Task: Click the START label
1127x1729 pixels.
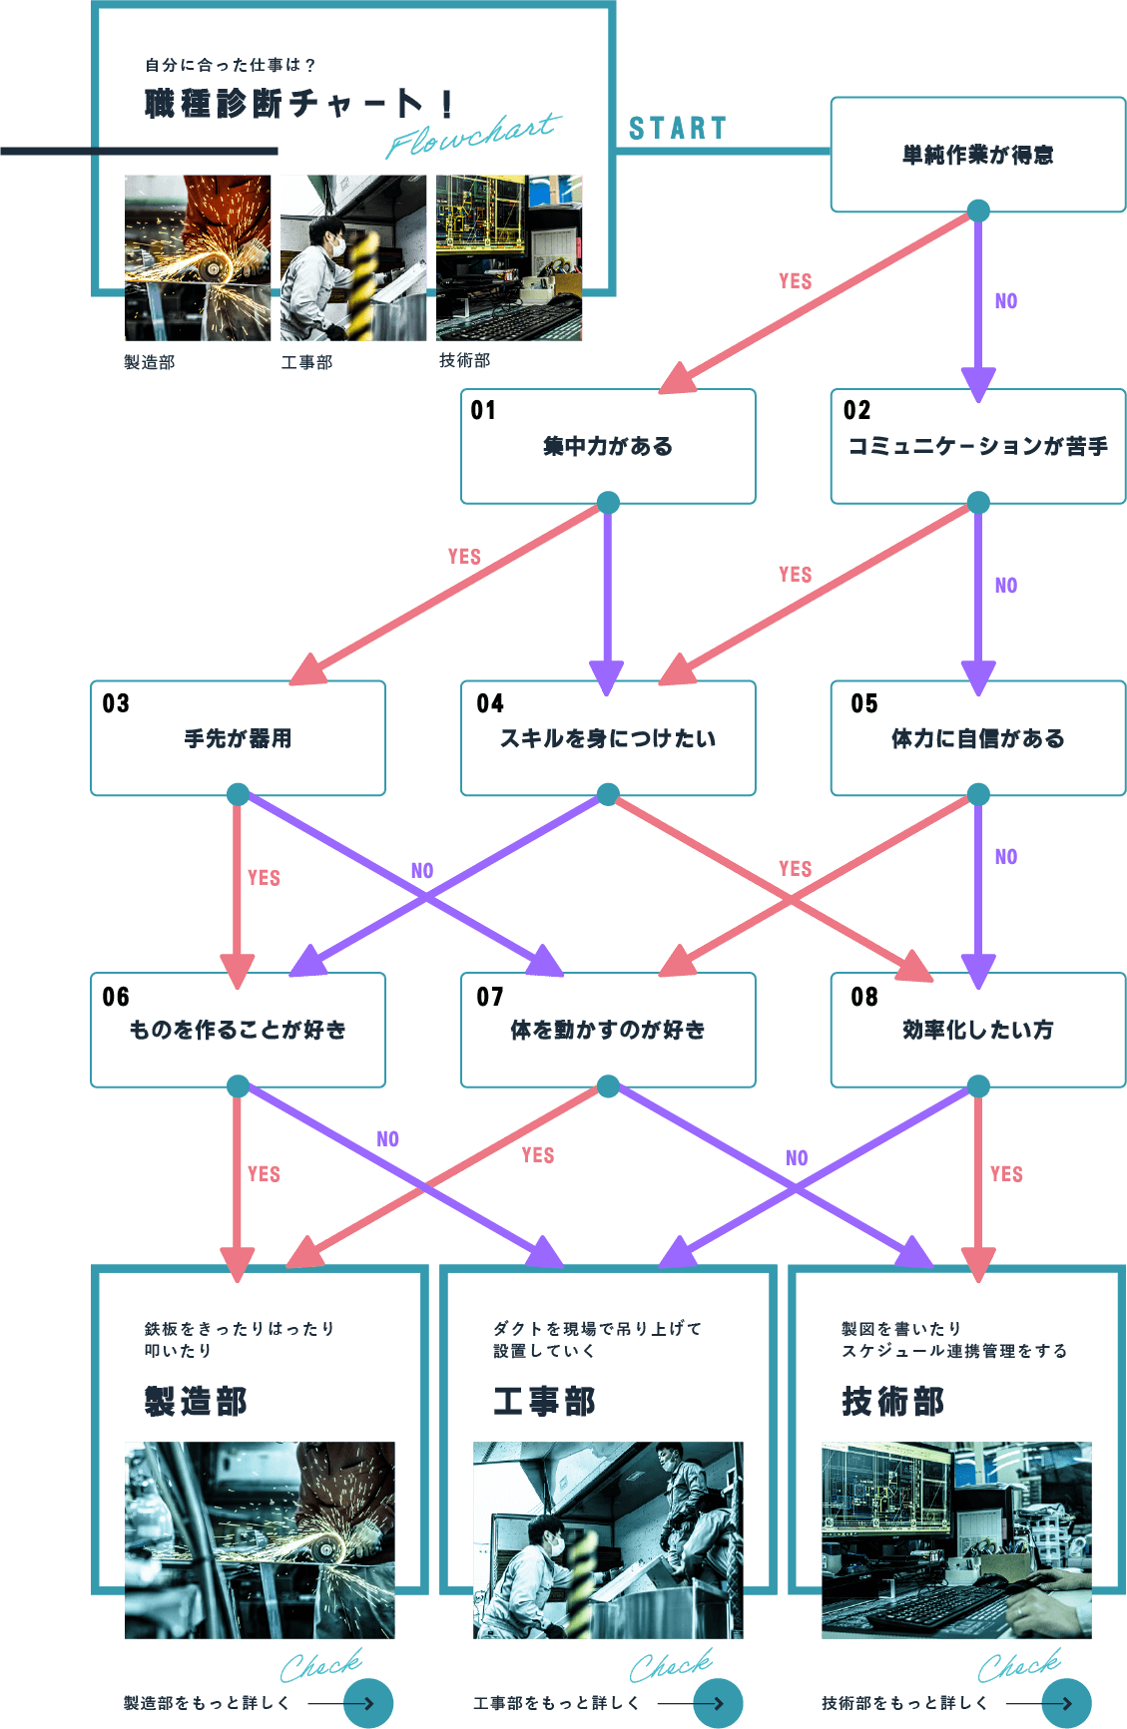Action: click(677, 129)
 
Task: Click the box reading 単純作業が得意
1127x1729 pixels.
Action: click(977, 155)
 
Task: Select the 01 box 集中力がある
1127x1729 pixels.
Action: click(608, 446)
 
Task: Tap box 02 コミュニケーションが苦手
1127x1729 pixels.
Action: click(977, 446)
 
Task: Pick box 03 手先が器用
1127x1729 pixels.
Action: click(238, 738)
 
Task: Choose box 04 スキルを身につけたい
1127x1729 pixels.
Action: click(608, 738)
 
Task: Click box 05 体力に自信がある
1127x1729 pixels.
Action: click(977, 738)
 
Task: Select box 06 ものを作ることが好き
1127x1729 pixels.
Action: click(238, 1030)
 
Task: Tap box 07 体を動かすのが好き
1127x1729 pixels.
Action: click(608, 1030)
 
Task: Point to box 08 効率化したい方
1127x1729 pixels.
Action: click(977, 1030)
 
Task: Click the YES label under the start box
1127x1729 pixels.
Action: click(796, 281)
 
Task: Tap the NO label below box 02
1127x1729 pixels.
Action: click(1006, 586)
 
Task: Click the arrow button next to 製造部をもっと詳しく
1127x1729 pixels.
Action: click(368, 1703)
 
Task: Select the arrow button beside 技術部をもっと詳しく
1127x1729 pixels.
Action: click(1066, 1703)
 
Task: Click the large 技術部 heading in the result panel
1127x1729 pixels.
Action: click(892, 1402)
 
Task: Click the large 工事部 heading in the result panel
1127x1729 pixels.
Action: click(544, 1402)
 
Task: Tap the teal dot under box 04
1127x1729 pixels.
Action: click(608, 794)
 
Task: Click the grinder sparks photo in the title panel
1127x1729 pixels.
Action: click(198, 257)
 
